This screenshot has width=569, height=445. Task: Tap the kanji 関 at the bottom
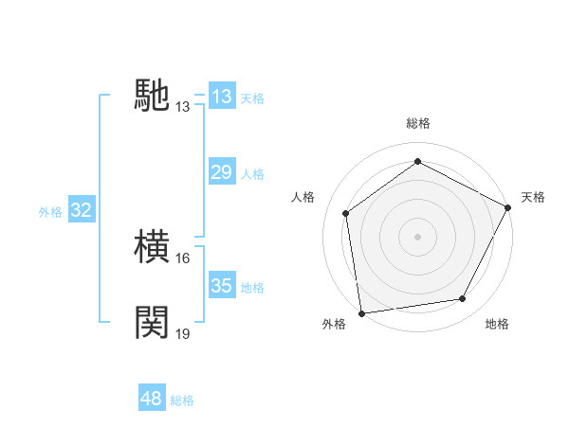pos(153,322)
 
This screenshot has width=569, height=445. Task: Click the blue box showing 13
pos(222,97)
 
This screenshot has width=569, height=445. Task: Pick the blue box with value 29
pos(222,172)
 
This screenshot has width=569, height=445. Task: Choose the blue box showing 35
pos(222,286)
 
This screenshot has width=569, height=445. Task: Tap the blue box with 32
pos(82,210)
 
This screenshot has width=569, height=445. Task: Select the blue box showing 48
pos(152,399)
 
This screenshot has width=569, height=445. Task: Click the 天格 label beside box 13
pos(252,98)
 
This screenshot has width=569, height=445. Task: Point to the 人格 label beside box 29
pos(252,173)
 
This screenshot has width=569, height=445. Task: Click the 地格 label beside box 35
pos(252,287)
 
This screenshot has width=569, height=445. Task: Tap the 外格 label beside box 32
pos(50,212)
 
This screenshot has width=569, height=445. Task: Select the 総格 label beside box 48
pos(182,400)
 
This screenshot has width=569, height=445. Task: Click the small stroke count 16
pos(184,258)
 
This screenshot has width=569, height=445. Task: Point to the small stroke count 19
pos(184,333)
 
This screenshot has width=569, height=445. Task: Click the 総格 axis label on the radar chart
pos(417,123)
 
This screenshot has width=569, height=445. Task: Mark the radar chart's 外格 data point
pos(361,312)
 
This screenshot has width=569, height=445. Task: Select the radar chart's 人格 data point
pos(346,213)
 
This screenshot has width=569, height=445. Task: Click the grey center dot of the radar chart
pos(417,236)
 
